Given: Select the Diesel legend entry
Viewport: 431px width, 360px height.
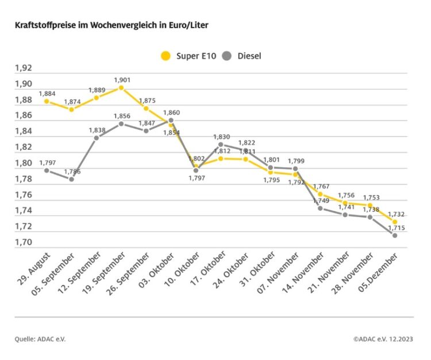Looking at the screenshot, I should (244, 56).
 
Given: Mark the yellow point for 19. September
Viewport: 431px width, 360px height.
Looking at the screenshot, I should (121, 88).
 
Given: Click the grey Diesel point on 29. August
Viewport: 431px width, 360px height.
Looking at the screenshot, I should (47, 171).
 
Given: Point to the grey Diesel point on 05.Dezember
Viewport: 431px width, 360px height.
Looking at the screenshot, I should (395, 235).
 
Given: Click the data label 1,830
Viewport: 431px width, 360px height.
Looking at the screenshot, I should (222, 137).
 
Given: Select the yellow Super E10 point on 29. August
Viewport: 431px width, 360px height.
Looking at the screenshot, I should (47, 102).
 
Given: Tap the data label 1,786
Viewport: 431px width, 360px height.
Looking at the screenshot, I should (72, 172).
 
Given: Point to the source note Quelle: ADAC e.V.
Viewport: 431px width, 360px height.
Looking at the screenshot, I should (40, 339).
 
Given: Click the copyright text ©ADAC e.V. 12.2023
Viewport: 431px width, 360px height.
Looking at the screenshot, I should (383, 339).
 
